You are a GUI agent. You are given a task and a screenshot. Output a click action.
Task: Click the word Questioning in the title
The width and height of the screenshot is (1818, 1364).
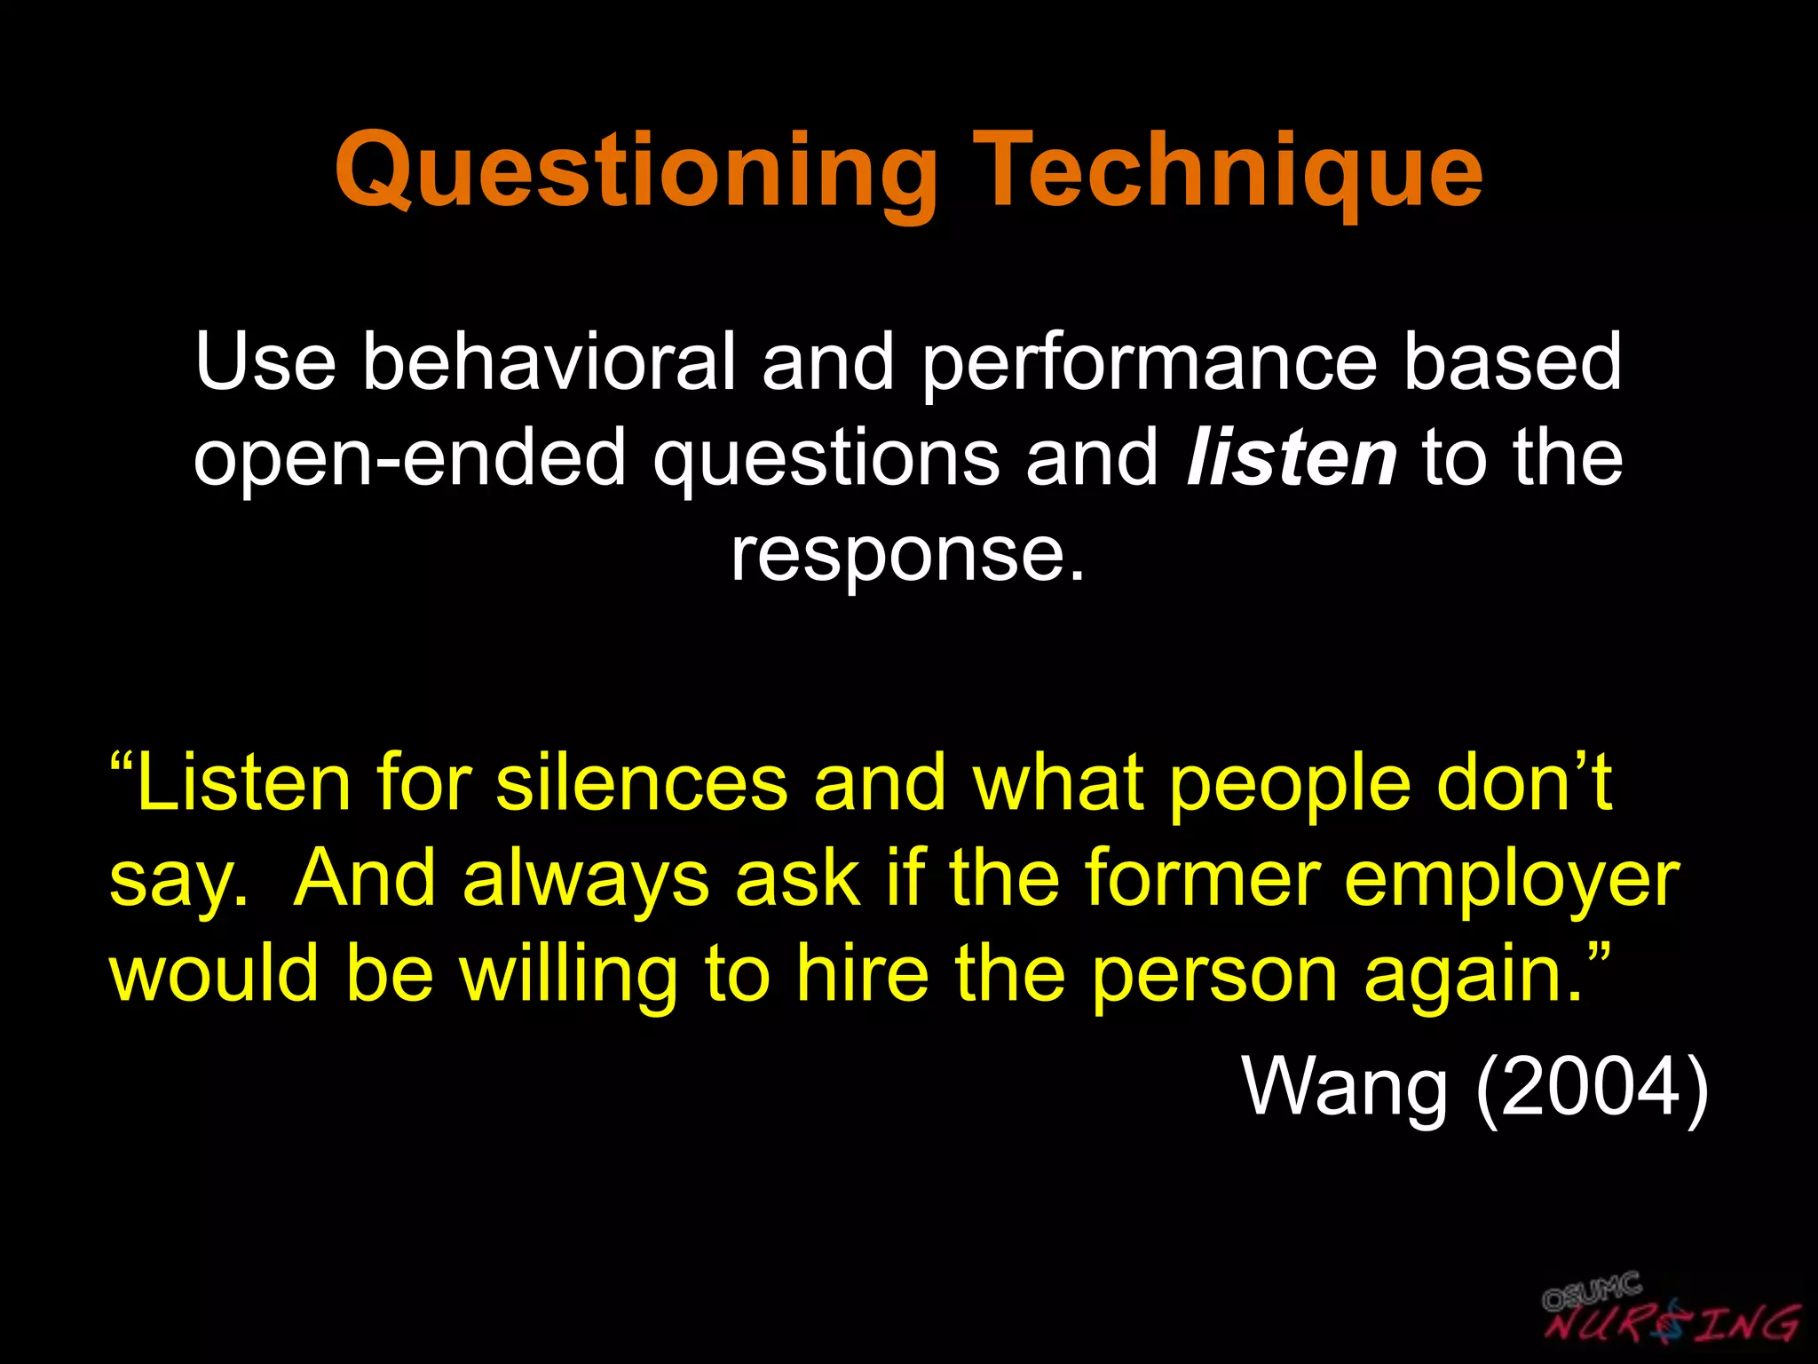(x=636, y=170)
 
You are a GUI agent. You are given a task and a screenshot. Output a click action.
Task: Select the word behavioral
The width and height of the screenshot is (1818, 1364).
(x=549, y=361)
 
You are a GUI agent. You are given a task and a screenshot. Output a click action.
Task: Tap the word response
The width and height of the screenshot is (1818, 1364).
(x=907, y=555)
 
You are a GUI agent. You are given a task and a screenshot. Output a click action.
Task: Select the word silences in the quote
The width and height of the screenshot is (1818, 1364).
(x=641, y=783)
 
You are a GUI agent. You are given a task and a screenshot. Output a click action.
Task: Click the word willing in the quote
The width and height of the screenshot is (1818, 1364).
(x=568, y=975)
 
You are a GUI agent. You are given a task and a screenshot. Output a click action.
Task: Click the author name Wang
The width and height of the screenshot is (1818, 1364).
(x=1345, y=1086)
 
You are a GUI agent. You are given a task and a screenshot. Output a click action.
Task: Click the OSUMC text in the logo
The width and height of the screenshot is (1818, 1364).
(x=1592, y=1291)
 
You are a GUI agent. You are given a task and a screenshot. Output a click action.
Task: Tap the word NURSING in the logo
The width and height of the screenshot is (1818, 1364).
(x=1672, y=1323)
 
